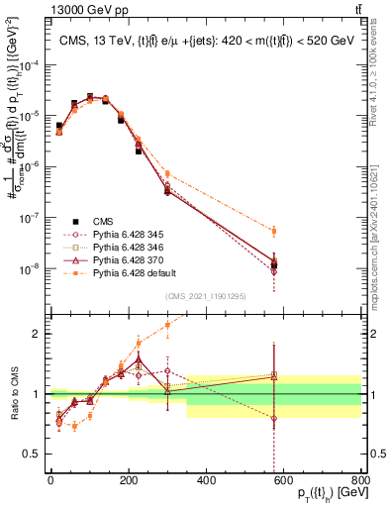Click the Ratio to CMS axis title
click(13, 394)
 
